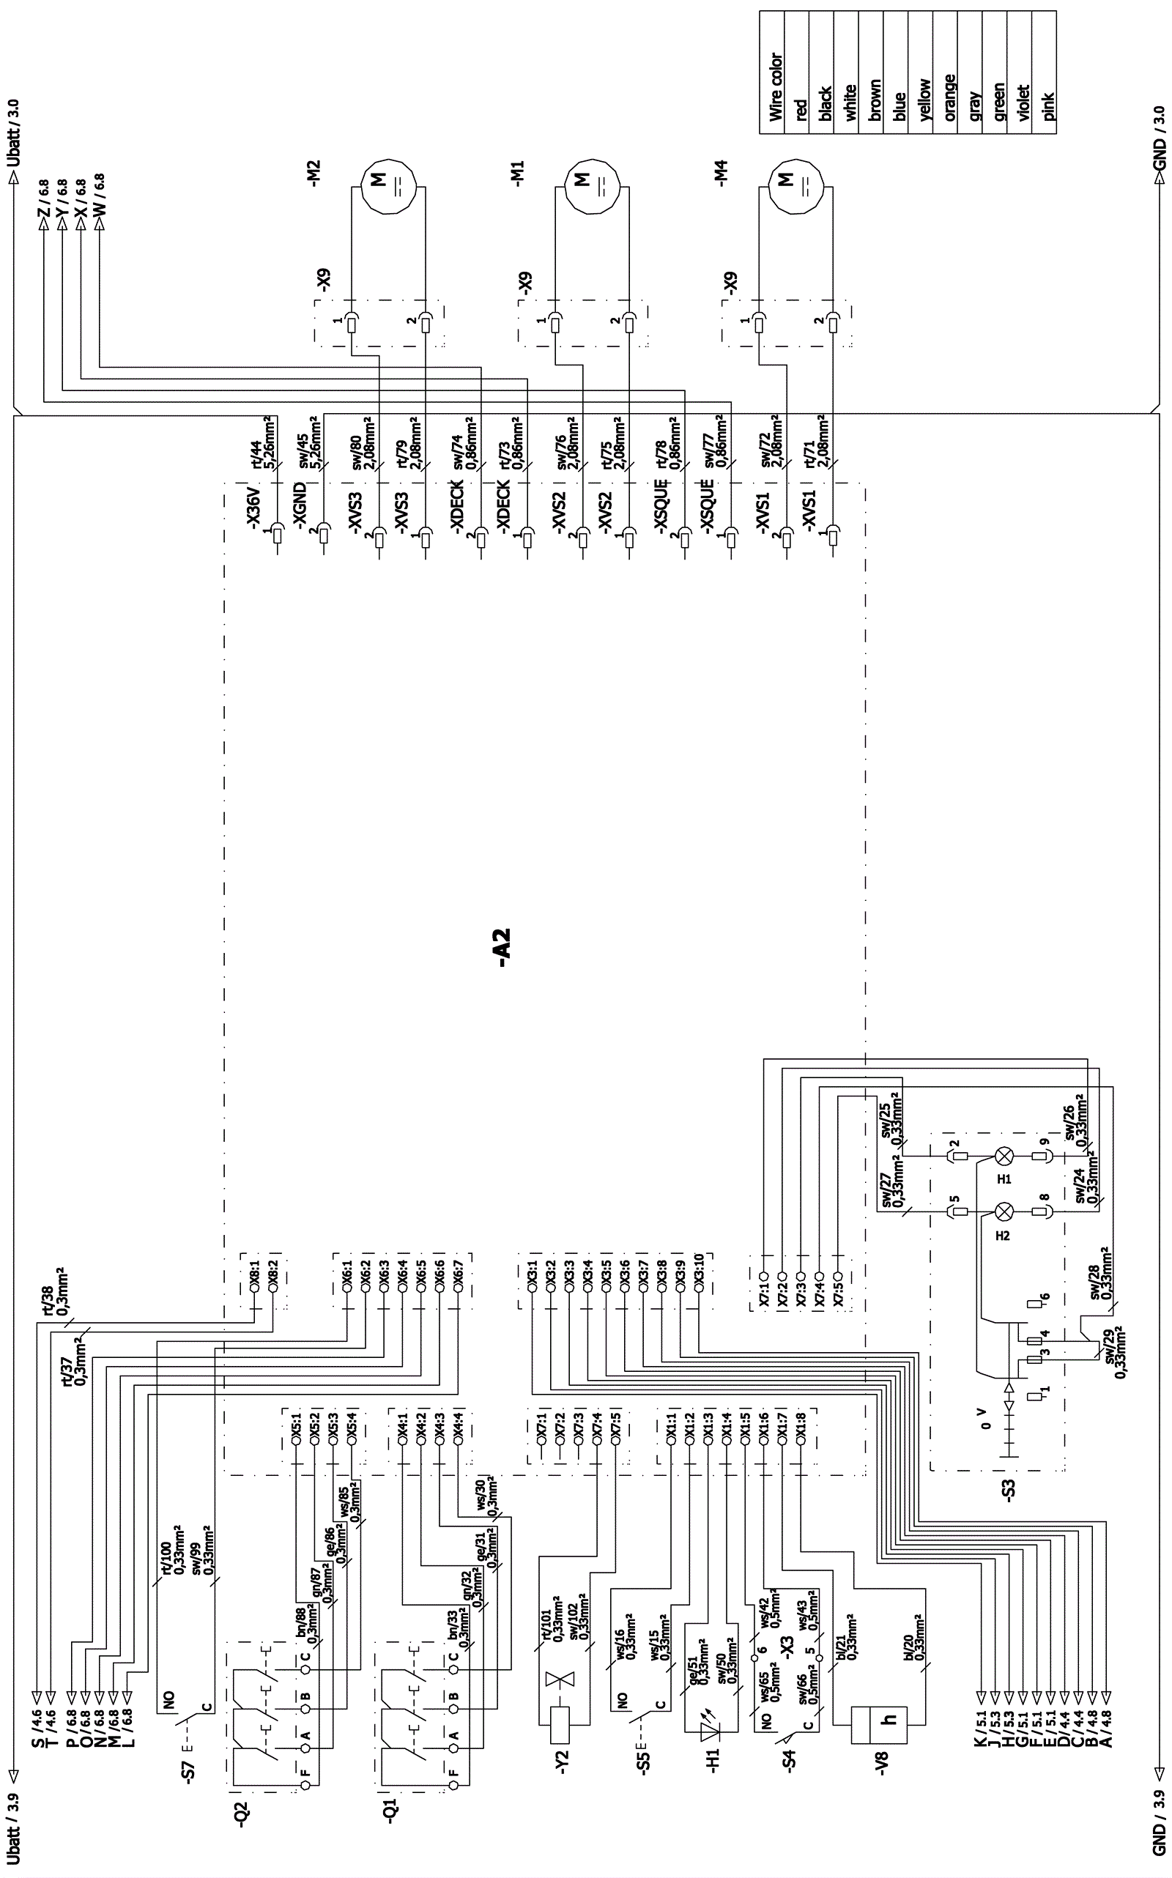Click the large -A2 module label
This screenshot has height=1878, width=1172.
503,946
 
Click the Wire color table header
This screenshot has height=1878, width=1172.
776,87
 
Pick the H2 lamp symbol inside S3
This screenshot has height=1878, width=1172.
1004,1211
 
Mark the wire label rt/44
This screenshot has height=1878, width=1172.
253,452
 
